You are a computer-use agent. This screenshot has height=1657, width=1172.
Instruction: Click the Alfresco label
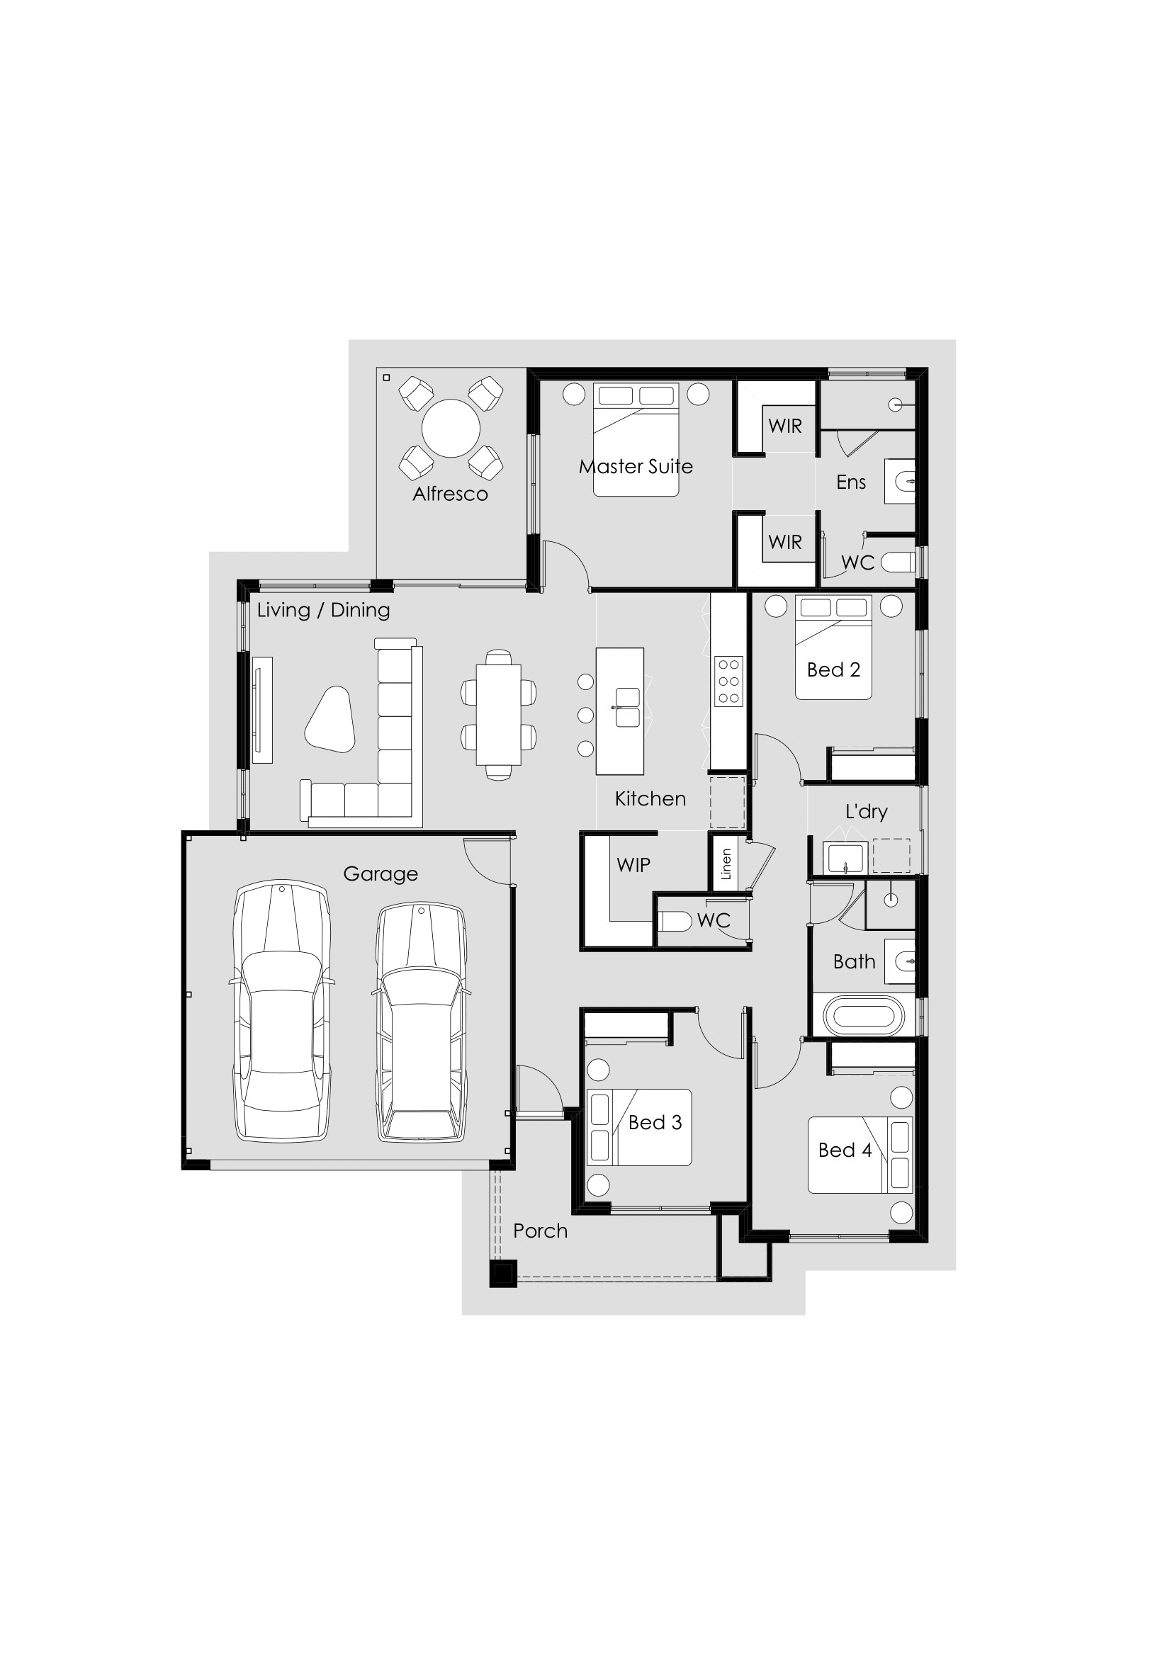pos(451,494)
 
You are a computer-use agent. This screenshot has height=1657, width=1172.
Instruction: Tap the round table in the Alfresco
pos(451,428)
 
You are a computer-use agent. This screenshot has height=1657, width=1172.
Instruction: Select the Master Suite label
pos(636,467)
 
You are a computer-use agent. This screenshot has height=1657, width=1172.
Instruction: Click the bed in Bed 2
pos(833,647)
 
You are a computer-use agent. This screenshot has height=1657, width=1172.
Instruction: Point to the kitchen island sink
pos(627,707)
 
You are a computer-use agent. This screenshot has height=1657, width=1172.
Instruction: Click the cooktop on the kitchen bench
pos(728,682)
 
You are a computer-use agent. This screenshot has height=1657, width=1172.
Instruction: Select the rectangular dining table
pos(499,715)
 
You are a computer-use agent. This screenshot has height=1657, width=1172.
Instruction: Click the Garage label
pos(381,874)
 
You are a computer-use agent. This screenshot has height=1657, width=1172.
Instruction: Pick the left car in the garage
pos(282,1011)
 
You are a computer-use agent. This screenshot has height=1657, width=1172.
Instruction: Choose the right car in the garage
pos(422,1022)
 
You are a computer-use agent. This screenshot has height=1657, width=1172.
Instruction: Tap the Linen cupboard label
pos(726,864)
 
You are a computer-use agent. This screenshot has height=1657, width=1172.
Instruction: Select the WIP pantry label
pos(633,864)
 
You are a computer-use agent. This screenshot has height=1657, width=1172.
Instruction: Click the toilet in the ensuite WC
pos(898,562)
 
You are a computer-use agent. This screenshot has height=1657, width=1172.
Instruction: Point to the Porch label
pos(541,1231)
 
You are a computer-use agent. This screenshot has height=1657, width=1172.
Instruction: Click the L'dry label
pos(866,811)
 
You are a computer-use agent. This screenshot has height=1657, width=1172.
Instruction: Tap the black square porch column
pos(504,1273)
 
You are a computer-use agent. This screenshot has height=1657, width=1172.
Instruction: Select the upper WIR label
pos(785,426)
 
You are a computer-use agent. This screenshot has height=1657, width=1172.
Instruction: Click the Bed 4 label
pos(845,1150)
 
